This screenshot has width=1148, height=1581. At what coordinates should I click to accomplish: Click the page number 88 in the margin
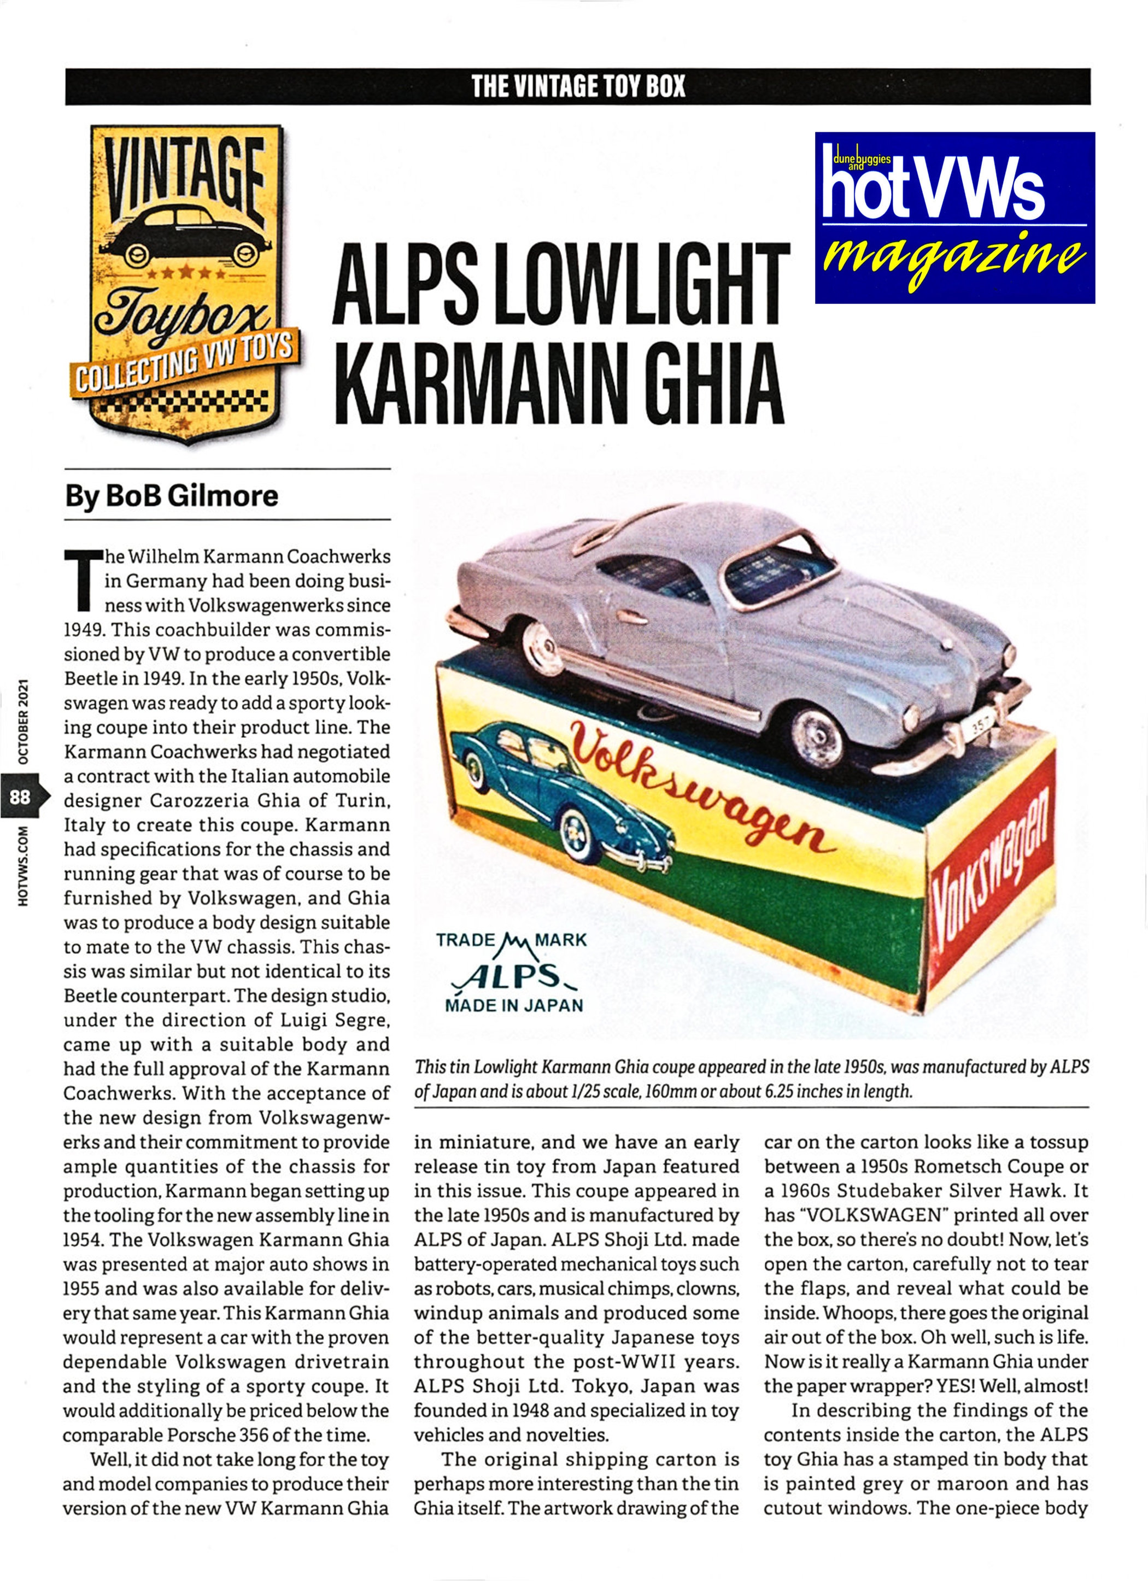pos(20,795)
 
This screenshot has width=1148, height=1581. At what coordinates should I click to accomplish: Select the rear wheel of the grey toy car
pos(536,638)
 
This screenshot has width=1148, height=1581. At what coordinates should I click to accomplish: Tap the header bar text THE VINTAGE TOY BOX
pos(578,86)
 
